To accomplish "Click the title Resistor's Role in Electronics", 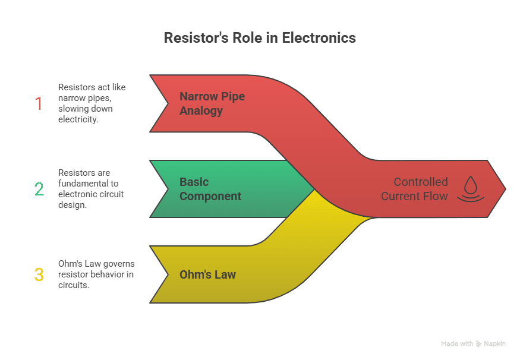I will click(x=260, y=38).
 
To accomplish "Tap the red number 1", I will click(x=39, y=103).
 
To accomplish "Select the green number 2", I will click(x=39, y=189).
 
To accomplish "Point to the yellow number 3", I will click(x=39, y=274).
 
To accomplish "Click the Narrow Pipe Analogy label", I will click(x=212, y=103).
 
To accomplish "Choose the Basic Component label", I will click(x=210, y=189).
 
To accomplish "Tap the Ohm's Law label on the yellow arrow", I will click(x=207, y=274).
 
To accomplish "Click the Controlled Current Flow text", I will click(x=414, y=189).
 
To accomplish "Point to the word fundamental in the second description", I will click(x=83, y=184).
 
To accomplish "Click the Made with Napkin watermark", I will click(x=474, y=343).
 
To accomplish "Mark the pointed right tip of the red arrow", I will click(x=505, y=189).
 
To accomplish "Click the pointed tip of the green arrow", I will click(x=313, y=189).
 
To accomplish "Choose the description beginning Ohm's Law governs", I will click(x=96, y=274).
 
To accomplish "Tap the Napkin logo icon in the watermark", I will click(x=479, y=344).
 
